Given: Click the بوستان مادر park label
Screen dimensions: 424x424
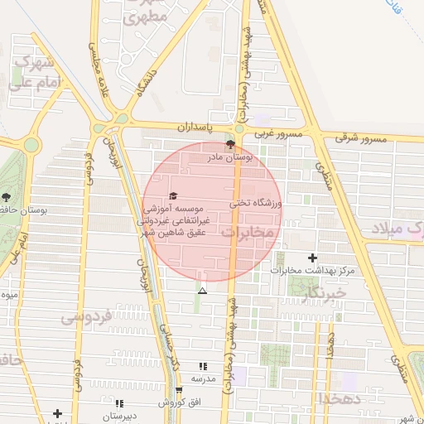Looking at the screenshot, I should [258, 155].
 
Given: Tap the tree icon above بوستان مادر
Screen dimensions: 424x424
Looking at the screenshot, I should [240, 144].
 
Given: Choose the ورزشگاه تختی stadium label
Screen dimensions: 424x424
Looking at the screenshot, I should [256, 202].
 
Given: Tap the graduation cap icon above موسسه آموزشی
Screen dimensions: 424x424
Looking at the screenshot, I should [173, 196].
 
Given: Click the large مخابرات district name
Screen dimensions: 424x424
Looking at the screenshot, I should [247, 232].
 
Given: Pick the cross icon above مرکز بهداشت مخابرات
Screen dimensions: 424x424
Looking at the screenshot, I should [312, 258].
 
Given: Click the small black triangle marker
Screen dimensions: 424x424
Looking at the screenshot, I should [202, 291].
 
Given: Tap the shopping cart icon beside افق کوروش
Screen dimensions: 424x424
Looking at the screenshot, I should [179, 390].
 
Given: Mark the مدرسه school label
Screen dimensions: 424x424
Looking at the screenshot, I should [203, 378].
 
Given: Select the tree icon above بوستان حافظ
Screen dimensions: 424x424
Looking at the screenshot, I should [7, 197].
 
